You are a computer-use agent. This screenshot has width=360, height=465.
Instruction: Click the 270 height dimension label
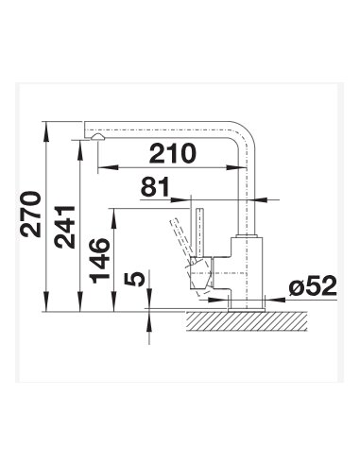(x=30, y=214)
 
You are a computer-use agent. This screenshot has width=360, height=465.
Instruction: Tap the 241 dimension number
(x=65, y=227)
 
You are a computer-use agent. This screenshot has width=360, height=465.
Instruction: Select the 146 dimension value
(x=99, y=260)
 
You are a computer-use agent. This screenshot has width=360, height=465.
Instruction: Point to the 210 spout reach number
(x=173, y=153)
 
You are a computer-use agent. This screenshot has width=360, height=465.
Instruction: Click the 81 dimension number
(x=155, y=187)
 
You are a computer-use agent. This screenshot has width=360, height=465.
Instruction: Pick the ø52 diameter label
(x=313, y=286)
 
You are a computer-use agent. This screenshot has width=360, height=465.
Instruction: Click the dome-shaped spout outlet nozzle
(x=97, y=137)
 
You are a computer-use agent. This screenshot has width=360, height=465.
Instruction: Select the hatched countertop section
(x=247, y=321)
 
